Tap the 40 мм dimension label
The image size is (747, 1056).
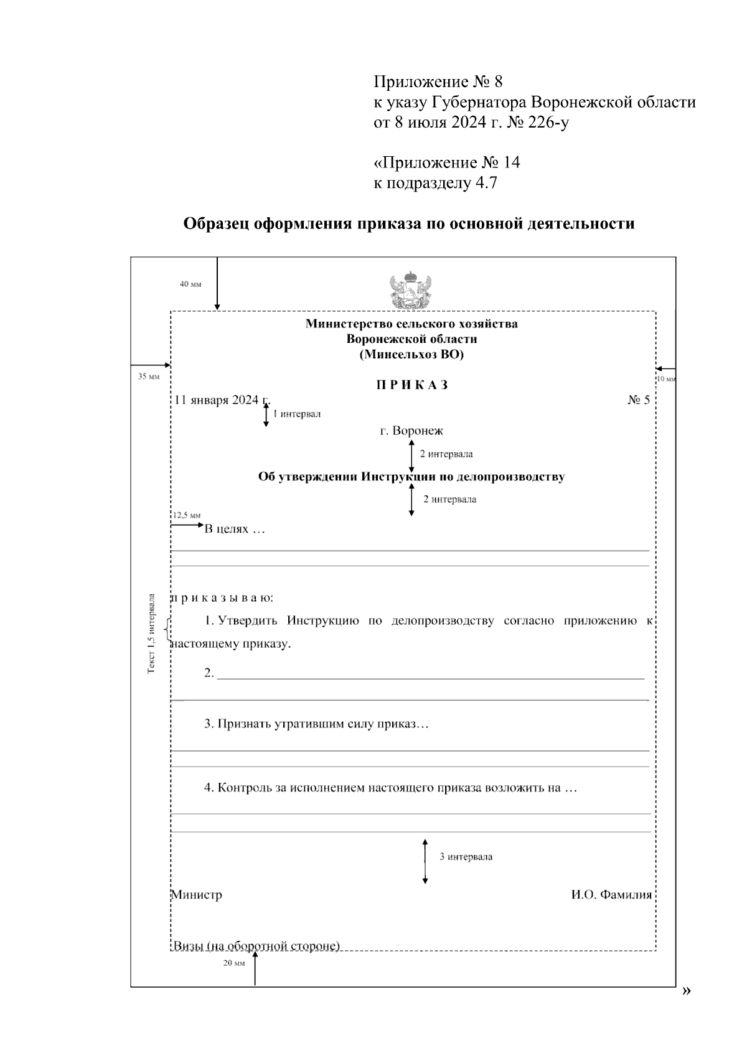[x=190, y=284]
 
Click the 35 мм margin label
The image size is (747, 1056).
[x=149, y=376]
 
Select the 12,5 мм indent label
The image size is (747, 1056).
[x=186, y=515]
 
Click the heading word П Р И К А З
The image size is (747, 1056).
[x=411, y=385]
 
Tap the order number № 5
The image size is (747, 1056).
[x=638, y=400]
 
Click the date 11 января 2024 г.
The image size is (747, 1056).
[x=222, y=400]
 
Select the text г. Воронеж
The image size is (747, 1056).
[x=411, y=431]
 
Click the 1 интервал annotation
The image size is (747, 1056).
[x=297, y=414]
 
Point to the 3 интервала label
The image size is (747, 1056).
[x=466, y=857]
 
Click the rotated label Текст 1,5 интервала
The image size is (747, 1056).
[x=151, y=633]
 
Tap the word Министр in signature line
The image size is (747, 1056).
[x=197, y=895]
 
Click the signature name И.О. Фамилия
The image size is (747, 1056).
[x=611, y=895]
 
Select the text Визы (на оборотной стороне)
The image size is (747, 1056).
[x=256, y=946]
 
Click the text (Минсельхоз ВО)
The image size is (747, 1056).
[x=411, y=355]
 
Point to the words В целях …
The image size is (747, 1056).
[x=235, y=530]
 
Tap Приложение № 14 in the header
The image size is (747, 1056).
[x=446, y=163]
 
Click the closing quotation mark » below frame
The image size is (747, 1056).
[x=686, y=991]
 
